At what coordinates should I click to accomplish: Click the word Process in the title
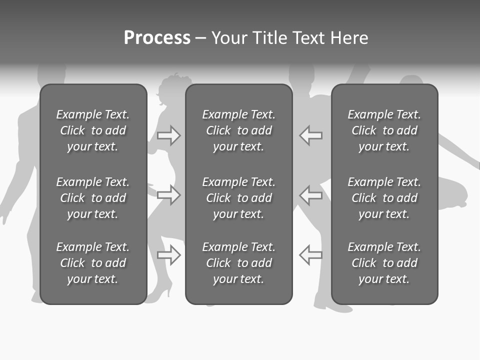point(157,38)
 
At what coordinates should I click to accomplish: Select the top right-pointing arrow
point(168,135)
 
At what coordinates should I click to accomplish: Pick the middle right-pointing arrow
point(168,194)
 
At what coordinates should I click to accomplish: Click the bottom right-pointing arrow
point(168,255)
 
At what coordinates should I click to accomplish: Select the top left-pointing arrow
point(311,135)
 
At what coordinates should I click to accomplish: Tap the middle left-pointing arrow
point(311,194)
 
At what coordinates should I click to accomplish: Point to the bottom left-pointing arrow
point(311,255)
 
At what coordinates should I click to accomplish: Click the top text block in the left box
point(93,130)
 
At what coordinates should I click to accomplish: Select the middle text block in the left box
point(93,198)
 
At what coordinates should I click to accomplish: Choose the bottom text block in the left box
point(93,263)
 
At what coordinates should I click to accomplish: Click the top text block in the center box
point(238,130)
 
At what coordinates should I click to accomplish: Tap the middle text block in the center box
point(238,198)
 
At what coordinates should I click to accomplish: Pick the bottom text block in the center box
point(238,263)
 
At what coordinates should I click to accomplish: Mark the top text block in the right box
point(384,130)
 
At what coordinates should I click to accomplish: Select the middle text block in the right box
point(384,198)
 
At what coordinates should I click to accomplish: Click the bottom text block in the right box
point(384,263)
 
